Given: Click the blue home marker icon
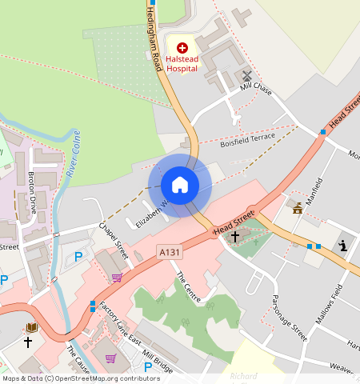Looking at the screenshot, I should [180, 185].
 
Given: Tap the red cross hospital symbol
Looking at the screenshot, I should [182, 48].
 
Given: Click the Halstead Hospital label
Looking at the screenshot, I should [182, 63].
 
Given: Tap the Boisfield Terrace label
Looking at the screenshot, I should [247, 140].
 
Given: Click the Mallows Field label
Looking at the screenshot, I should [327, 307].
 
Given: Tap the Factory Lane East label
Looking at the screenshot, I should [117, 326].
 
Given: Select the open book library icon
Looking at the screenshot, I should [32, 326].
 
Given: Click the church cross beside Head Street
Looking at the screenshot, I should [235, 236].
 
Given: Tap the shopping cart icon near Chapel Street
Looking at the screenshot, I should [117, 277].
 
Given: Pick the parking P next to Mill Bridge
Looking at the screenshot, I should [148, 366].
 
